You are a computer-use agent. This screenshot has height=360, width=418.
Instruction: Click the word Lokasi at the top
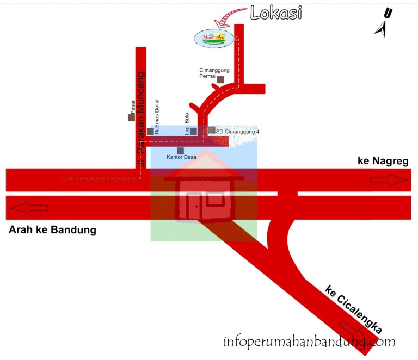click(x=276, y=14)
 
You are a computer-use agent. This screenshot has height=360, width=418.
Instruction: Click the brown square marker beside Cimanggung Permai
click(x=220, y=80)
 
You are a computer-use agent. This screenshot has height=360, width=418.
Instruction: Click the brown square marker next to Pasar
click(x=131, y=117)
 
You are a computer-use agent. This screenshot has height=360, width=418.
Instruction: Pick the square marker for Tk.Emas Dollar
click(x=150, y=132)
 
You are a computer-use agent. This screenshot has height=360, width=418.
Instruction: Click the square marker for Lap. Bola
click(x=193, y=131)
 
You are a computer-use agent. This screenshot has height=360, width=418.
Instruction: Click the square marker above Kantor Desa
click(x=180, y=151)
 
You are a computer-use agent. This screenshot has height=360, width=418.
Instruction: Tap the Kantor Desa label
click(x=181, y=158)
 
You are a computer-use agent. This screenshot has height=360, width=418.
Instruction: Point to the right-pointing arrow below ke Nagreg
click(x=388, y=181)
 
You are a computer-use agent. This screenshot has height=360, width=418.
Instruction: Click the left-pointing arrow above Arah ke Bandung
click(x=29, y=207)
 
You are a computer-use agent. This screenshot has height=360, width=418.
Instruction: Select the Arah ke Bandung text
click(x=52, y=230)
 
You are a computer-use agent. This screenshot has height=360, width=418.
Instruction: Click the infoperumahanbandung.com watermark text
click(x=309, y=342)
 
